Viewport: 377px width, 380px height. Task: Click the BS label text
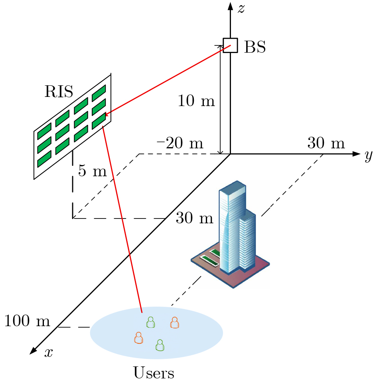pyautogui.click(x=255, y=47)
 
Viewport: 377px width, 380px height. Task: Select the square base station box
pyautogui.click(x=230, y=45)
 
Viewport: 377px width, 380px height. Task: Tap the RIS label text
pyautogui.click(x=59, y=91)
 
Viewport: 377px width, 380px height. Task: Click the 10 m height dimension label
pyautogui.click(x=196, y=100)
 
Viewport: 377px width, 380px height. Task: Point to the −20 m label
pyautogui.click(x=180, y=143)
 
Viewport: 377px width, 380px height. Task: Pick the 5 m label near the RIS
pyautogui.click(x=93, y=171)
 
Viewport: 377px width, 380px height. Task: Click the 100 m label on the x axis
pyautogui.click(x=27, y=321)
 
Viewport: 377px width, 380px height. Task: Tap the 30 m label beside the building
pyautogui.click(x=194, y=217)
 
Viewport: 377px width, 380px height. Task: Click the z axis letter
pyautogui.click(x=241, y=8)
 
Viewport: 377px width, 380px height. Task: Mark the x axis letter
pyautogui.click(x=49, y=352)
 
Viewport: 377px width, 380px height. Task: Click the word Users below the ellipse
pyautogui.click(x=154, y=372)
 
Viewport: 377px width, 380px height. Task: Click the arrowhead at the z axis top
pyautogui.click(x=230, y=6)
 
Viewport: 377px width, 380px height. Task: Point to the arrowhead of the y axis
pyautogui.click(x=356, y=154)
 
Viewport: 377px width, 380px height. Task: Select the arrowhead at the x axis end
pyautogui.click(x=33, y=350)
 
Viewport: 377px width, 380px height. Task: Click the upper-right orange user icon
pyautogui.click(x=175, y=323)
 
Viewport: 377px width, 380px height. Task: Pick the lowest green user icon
pyautogui.click(x=160, y=345)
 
